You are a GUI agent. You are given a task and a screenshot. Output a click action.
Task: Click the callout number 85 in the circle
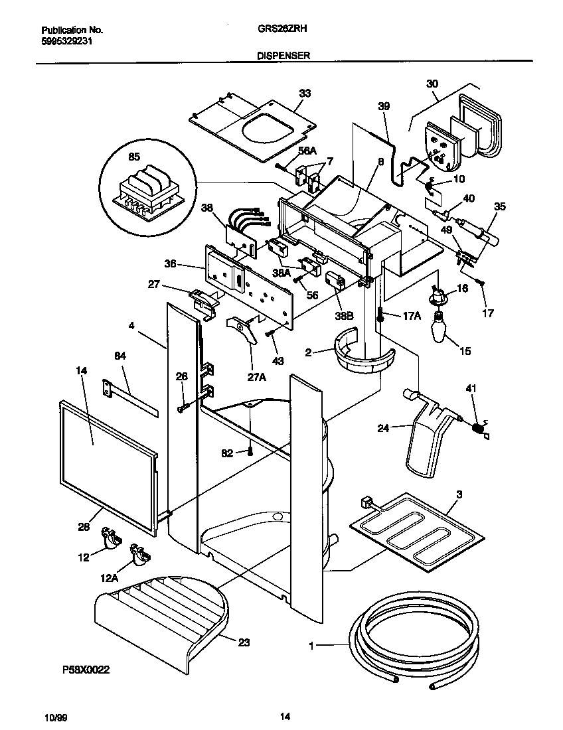coord(133,158)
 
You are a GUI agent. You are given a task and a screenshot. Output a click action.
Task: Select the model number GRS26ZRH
coord(281,30)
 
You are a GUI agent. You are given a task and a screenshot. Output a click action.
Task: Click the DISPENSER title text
coord(283,56)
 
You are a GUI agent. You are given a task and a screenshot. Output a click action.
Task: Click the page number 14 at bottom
coord(284,715)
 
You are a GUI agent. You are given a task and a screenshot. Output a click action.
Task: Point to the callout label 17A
coord(411,317)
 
